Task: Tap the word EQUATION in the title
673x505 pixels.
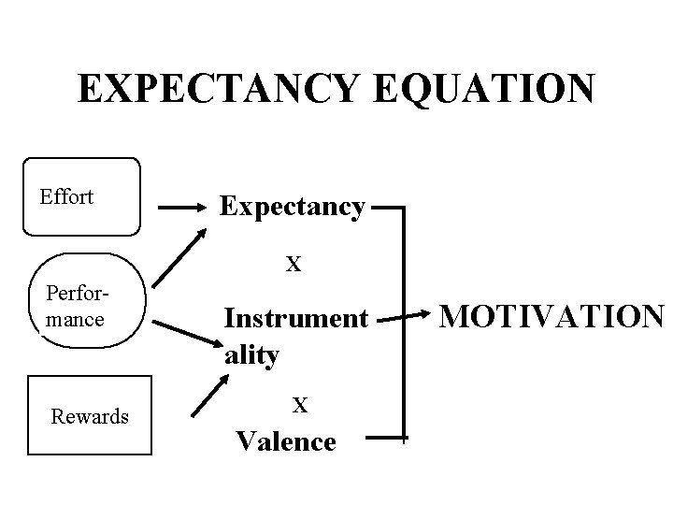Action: pyautogui.click(x=484, y=89)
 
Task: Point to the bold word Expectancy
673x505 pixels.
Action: pyautogui.click(x=292, y=206)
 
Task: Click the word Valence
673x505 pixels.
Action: pyautogui.click(x=286, y=440)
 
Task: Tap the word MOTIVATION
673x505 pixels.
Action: pyautogui.click(x=551, y=318)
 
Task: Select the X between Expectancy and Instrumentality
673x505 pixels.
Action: pyautogui.click(x=293, y=264)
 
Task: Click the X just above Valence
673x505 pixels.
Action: pyautogui.click(x=299, y=404)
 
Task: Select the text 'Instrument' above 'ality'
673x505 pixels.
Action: pyautogui.click(x=295, y=319)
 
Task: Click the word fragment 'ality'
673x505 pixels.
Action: pyautogui.click(x=251, y=355)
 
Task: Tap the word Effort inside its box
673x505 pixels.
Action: pyautogui.click(x=66, y=196)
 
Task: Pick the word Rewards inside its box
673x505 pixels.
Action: pyautogui.click(x=90, y=416)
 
